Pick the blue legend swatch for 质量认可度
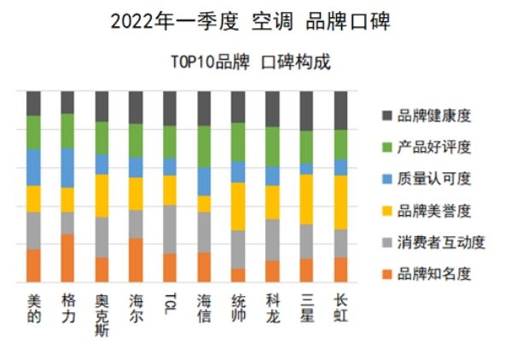point(387,178)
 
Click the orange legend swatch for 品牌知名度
point(387,274)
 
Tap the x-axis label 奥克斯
point(102,314)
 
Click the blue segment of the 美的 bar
point(34,166)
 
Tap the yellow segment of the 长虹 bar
point(341,202)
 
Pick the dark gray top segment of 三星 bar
point(307,111)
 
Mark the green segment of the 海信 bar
point(205,146)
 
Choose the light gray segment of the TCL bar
point(171,229)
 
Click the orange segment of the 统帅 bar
point(239,275)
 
